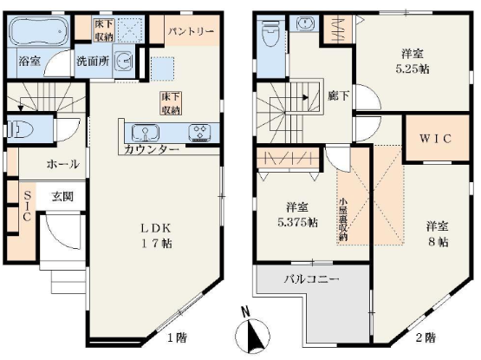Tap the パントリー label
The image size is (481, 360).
[191, 31]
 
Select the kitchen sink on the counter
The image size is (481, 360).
[145, 133]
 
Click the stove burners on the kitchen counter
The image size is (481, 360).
[200, 133]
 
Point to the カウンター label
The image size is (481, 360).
[152, 149]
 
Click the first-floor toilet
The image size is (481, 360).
[19, 129]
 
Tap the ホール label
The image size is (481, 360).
[63, 164]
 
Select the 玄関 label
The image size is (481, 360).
[62, 196]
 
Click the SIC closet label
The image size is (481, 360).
[27, 206]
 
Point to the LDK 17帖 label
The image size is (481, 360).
[156, 236]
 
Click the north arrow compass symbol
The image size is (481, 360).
[252, 334]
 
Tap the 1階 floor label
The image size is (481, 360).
[177, 338]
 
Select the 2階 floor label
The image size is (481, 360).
[426, 338]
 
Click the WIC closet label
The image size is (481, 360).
[436, 139]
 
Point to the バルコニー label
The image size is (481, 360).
[311, 279]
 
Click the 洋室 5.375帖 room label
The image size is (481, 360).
[297, 214]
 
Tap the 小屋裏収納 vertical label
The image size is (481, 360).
[343, 219]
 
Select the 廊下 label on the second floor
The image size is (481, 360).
[338, 96]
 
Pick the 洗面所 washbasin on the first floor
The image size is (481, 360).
[124, 60]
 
